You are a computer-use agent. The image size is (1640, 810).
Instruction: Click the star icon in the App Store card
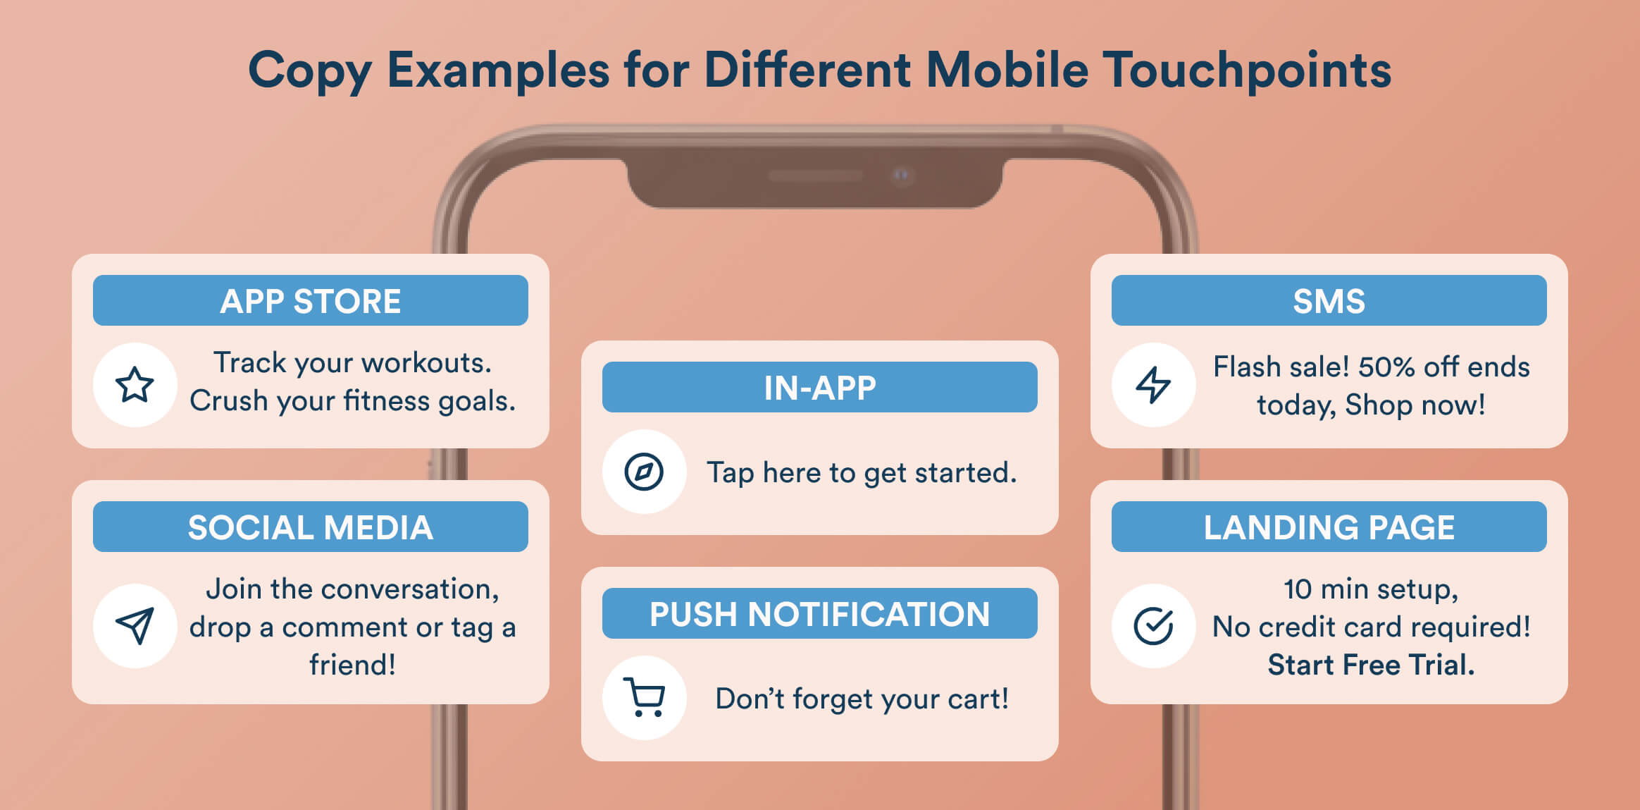click(x=135, y=385)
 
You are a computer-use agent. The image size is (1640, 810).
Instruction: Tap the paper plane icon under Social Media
click(x=135, y=625)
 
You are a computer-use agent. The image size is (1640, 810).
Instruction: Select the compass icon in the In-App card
click(x=644, y=472)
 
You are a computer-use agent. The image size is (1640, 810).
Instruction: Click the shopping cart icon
click(x=644, y=697)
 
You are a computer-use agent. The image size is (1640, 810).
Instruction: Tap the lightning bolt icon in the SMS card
click(x=1153, y=385)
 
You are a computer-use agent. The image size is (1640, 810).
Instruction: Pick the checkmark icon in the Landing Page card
click(x=1153, y=625)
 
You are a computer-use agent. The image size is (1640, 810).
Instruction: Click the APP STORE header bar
click(x=310, y=301)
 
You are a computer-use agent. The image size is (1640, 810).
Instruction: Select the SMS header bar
click(x=1329, y=301)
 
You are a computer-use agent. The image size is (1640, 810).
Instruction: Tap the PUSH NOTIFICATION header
click(x=819, y=614)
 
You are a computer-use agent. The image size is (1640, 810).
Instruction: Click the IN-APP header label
click(x=819, y=388)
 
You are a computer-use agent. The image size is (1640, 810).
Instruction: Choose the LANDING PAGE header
click(x=1329, y=527)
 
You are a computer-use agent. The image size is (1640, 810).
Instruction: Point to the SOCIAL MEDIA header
click(x=310, y=527)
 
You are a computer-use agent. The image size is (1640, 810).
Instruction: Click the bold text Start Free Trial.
click(x=1371, y=665)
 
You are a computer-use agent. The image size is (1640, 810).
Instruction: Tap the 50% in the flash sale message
click(x=1386, y=367)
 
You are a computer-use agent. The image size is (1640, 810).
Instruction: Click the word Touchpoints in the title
click(x=1246, y=70)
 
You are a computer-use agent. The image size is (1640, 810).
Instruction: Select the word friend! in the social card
click(x=352, y=665)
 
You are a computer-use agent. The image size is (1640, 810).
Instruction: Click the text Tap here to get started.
click(x=862, y=472)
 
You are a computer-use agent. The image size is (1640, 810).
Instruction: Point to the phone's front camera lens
click(x=902, y=175)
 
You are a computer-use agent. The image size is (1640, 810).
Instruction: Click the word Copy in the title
click(x=309, y=70)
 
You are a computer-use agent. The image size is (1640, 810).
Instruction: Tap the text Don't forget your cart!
click(x=862, y=699)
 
